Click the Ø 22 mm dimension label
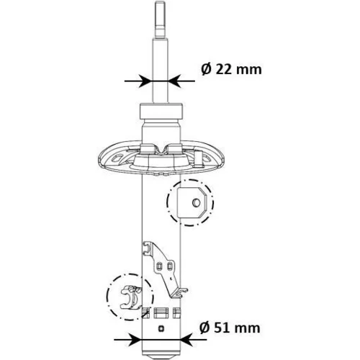[x=231, y=70]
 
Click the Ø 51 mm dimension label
[x=230, y=328]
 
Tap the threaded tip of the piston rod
[x=161, y=19]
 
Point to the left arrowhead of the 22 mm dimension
[x=146, y=81]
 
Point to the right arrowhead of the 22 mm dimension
[x=174, y=81]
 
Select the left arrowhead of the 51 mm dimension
[x=135, y=340]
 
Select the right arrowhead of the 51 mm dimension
[x=186, y=340]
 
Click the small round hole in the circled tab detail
[x=197, y=203]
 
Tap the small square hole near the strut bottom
[x=161, y=328]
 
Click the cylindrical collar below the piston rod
[x=161, y=111]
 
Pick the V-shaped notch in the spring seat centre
[x=161, y=150]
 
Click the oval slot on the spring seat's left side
[x=117, y=158]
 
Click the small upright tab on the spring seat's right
[x=199, y=158]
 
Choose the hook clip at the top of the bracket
[x=147, y=248]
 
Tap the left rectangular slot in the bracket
[x=158, y=266]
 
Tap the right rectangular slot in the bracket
[x=169, y=266]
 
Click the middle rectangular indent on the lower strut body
[x=160, y=312]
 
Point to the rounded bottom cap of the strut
[x=161, y=356]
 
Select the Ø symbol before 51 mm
[x=205, y=328]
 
